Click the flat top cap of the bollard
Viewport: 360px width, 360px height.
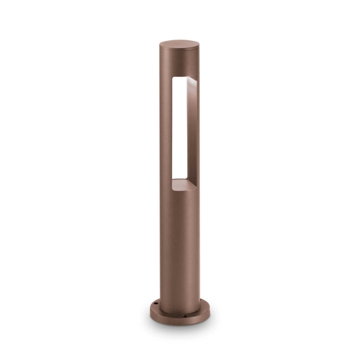coord(181,44)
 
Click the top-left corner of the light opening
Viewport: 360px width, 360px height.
coord(172,79)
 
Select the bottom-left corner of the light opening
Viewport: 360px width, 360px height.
coord(172,179)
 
